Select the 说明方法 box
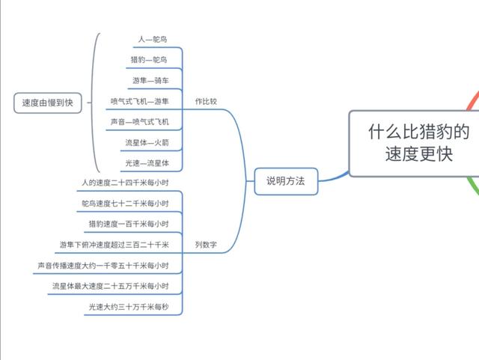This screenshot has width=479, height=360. (286, 180)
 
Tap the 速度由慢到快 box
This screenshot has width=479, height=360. (47, 103)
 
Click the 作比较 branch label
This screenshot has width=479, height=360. (206, 101)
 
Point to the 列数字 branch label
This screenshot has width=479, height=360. (206, 245)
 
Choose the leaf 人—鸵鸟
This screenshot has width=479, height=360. (153, 39)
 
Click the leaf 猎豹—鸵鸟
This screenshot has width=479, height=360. (149, 60)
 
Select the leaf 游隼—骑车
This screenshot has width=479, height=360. (149, 80)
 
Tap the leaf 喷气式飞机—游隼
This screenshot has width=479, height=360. (140, 101)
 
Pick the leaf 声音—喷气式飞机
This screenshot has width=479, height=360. (140, 121)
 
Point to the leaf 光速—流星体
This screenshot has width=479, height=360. (145, 162)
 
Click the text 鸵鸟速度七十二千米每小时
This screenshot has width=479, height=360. (125, 204)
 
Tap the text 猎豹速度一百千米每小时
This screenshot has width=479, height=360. (129, 224)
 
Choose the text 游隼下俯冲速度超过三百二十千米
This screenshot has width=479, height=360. (115, 245)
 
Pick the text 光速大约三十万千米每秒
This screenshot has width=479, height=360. (129, 306)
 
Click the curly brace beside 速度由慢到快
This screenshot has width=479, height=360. (93, 103)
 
